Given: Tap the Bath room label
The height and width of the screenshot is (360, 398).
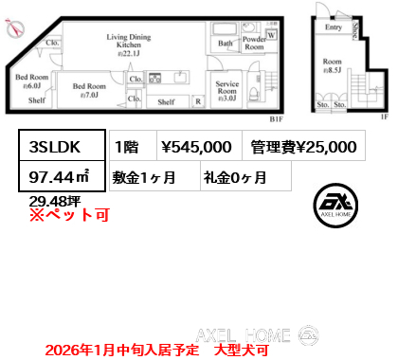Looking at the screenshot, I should [x=225, y=44].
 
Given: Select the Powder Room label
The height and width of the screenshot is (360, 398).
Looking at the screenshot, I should [x=253, y=43].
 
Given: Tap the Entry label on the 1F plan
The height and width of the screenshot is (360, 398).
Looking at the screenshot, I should [x=333, y=27].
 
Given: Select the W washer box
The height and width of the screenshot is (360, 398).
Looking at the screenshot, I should [x=272, y=36].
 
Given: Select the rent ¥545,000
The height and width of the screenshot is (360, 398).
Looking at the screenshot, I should [x=196, y=147].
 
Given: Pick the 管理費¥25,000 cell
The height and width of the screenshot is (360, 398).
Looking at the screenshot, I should [x=304, y=147].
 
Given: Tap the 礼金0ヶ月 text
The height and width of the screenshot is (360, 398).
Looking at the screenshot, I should [x=233, y=176].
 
